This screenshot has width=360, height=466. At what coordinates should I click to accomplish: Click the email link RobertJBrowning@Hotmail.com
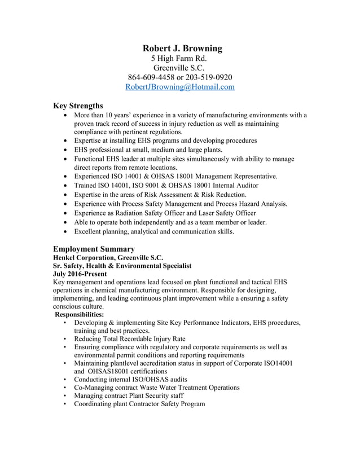(x=179, y=87)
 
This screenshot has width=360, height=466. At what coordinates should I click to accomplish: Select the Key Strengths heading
(x=78, y=105)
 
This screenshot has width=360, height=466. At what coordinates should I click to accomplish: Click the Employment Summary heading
(x=94, y=249)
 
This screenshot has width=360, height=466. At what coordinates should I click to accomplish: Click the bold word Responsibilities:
(x=79, y=314)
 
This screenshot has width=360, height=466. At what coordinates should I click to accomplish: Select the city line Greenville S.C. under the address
(x=179, y=68)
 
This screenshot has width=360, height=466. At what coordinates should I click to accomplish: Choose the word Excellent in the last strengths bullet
(x=91, y=231)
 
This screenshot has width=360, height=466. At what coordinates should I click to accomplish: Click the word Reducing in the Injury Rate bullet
(x=90, y=339)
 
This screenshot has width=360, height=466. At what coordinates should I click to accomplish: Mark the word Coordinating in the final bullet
(x=96, y=404)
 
